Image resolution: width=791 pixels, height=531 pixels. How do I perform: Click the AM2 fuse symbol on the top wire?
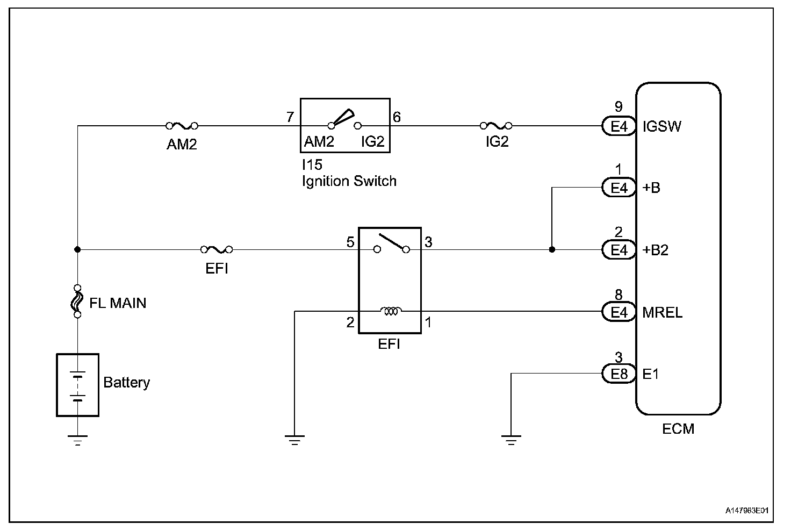coord(182,126)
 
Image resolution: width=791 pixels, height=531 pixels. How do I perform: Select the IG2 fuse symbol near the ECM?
coord(495,126)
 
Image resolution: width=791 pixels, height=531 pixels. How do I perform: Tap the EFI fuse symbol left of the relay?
coord(217,249)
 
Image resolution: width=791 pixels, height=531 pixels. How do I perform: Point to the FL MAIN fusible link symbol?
coord(77,301)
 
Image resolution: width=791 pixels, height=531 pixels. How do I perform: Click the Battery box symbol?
coord(78,385)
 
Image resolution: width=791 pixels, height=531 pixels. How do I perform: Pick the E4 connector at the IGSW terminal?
coord(619,126)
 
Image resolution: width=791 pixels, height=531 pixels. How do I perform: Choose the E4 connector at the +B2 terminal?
coord(619,250)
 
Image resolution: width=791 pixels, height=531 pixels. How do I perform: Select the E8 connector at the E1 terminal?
coord(619,374)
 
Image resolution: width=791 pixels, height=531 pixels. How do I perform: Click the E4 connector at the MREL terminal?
coord(619,312)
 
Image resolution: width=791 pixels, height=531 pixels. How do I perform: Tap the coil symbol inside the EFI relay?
coord(390,311)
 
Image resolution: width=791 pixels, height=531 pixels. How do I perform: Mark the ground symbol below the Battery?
coord(78,440)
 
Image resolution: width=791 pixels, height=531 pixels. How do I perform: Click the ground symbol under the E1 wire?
coord(511,440)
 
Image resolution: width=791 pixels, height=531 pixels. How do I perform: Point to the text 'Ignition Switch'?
coord(349,181)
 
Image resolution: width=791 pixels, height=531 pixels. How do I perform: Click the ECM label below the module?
coord(678,429)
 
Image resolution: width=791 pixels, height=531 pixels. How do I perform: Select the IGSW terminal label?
coord(662,127)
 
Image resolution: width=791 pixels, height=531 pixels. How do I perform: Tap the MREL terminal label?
coord(662,312)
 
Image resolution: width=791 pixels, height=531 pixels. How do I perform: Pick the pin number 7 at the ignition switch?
coord(290,117)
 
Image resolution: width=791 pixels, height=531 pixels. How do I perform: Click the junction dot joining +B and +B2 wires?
coord(552,249)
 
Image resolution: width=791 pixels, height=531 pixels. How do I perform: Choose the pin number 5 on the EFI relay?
coord(350,242)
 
